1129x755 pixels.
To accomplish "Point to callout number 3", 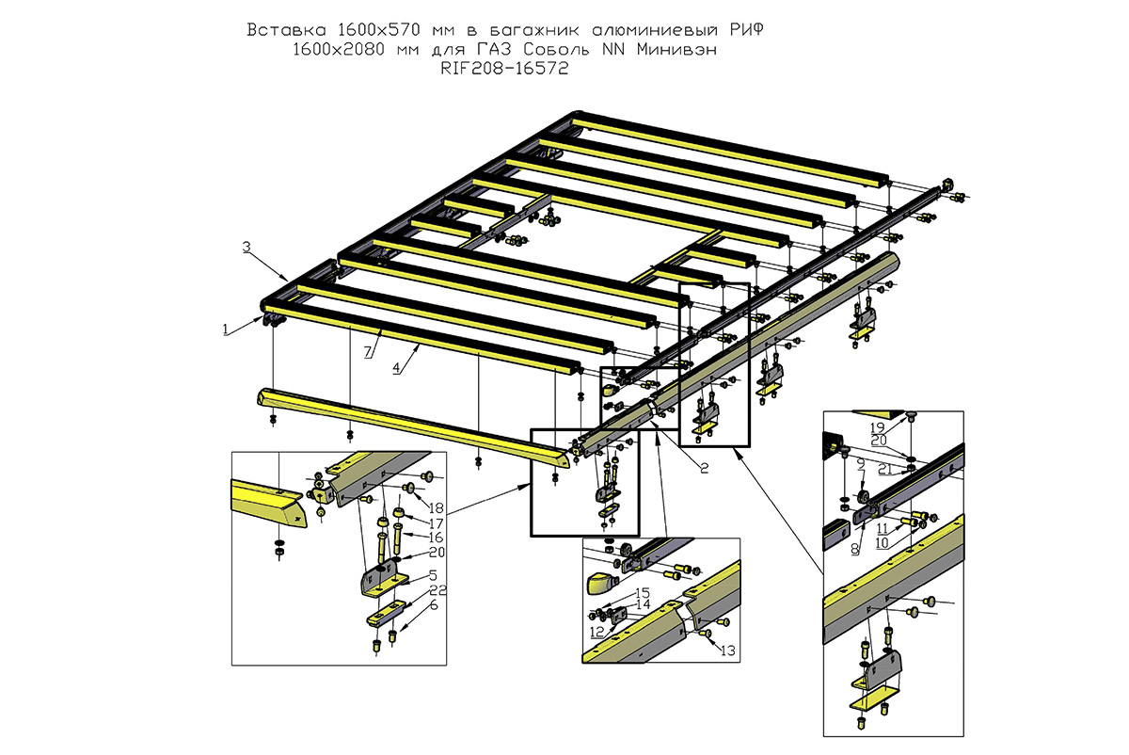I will click(x=246, y=247).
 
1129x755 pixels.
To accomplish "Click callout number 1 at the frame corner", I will click(x=226, y=329).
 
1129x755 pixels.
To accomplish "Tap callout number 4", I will click(x=397, y=368).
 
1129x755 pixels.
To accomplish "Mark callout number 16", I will click(x=436, y=536).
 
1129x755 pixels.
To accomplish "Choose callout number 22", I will click(x=437, y=590).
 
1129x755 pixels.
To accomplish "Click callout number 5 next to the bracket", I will click(x=433, y=574).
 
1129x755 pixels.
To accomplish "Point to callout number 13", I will click(x=726, y=650).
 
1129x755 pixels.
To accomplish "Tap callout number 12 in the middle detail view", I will click(x=597, y=631).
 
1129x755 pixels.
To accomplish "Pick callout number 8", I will click(x=854, y=546).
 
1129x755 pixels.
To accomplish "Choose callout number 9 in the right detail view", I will click(x=860, y=463).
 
